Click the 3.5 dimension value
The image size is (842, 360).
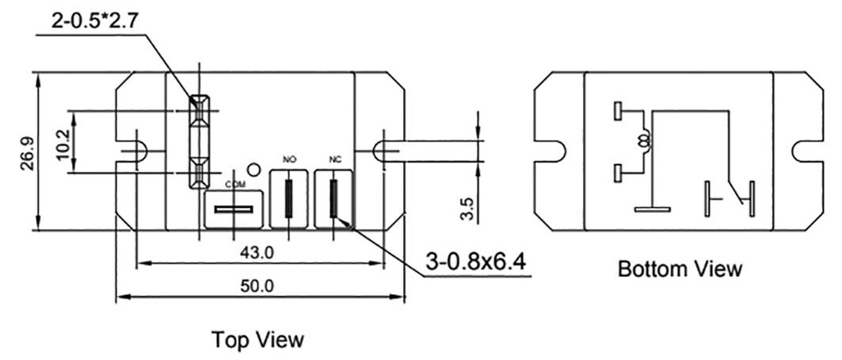[x=465, y=207]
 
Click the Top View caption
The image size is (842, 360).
[x=257, y=339]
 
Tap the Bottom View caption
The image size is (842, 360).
[x=680, y=269]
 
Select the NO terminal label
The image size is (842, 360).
[x=288, y=159]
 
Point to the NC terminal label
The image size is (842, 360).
[x=334, y=159]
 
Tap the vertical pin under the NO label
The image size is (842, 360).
[x=289, y=200]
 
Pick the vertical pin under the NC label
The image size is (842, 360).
[x=334, y=200]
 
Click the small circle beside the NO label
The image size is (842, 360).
[x=254, y=170]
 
